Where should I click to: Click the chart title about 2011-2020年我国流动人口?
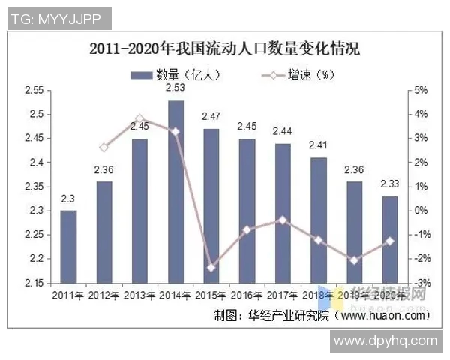point(224,50)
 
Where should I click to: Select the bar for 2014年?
point(175,191)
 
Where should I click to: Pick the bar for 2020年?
point(390,239)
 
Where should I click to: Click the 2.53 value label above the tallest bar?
point(175,88)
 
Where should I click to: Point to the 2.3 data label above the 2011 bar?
point(68,199)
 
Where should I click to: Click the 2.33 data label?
point(390,184)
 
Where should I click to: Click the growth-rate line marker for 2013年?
point(139,119)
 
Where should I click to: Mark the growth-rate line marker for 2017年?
point(283,220)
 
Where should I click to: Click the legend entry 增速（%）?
point(292,74)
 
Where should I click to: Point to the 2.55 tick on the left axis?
point(34,90)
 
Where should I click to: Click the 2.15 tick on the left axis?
point(34,283)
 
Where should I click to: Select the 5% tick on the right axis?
point(420,90)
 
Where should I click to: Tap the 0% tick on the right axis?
point(420,210)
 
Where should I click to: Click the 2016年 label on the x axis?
point(247,295)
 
